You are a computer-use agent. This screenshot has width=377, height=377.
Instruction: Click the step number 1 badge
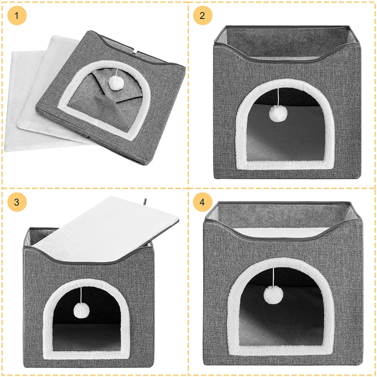pos(17,15)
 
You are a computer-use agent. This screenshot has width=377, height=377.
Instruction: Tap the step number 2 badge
pos(203,15)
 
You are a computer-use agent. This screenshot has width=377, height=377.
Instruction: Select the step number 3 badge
pos(17,202)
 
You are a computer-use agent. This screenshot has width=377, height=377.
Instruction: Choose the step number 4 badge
pos(203,202)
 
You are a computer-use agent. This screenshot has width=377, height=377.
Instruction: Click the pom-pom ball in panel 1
pos(116,83)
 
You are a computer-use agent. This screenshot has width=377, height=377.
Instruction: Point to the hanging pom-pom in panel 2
pos(278,114)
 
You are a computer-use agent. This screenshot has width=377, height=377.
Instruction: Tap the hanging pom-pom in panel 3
pos(81,310)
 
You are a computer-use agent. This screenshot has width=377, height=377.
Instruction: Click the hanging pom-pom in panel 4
pos(273,295)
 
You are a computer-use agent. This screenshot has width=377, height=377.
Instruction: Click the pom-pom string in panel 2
pos(278,97)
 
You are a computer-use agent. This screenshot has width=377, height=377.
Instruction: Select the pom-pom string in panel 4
pos(273,277)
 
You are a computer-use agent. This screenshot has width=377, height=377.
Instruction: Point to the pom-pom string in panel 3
pos(81,295)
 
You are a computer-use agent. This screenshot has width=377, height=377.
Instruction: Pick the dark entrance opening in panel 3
pos(87,320)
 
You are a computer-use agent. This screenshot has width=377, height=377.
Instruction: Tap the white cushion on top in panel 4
pos(281,232)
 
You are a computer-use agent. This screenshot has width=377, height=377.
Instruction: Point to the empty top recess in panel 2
pos(287,43)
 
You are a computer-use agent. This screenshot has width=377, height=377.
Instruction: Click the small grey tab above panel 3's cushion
pos(145,201)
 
